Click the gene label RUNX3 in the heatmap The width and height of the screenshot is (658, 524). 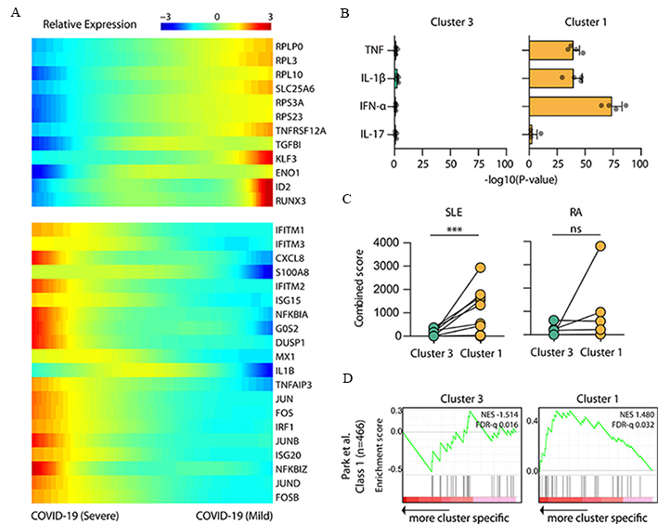coord(290,199)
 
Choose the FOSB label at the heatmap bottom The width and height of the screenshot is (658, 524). coord(287,495)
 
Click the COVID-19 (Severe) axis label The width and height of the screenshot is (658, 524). coord(76,514)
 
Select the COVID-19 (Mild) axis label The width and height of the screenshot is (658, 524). coord(236,514)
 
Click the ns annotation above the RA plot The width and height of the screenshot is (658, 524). coord(585,228)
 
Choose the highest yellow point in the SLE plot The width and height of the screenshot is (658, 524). coord(481,268)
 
